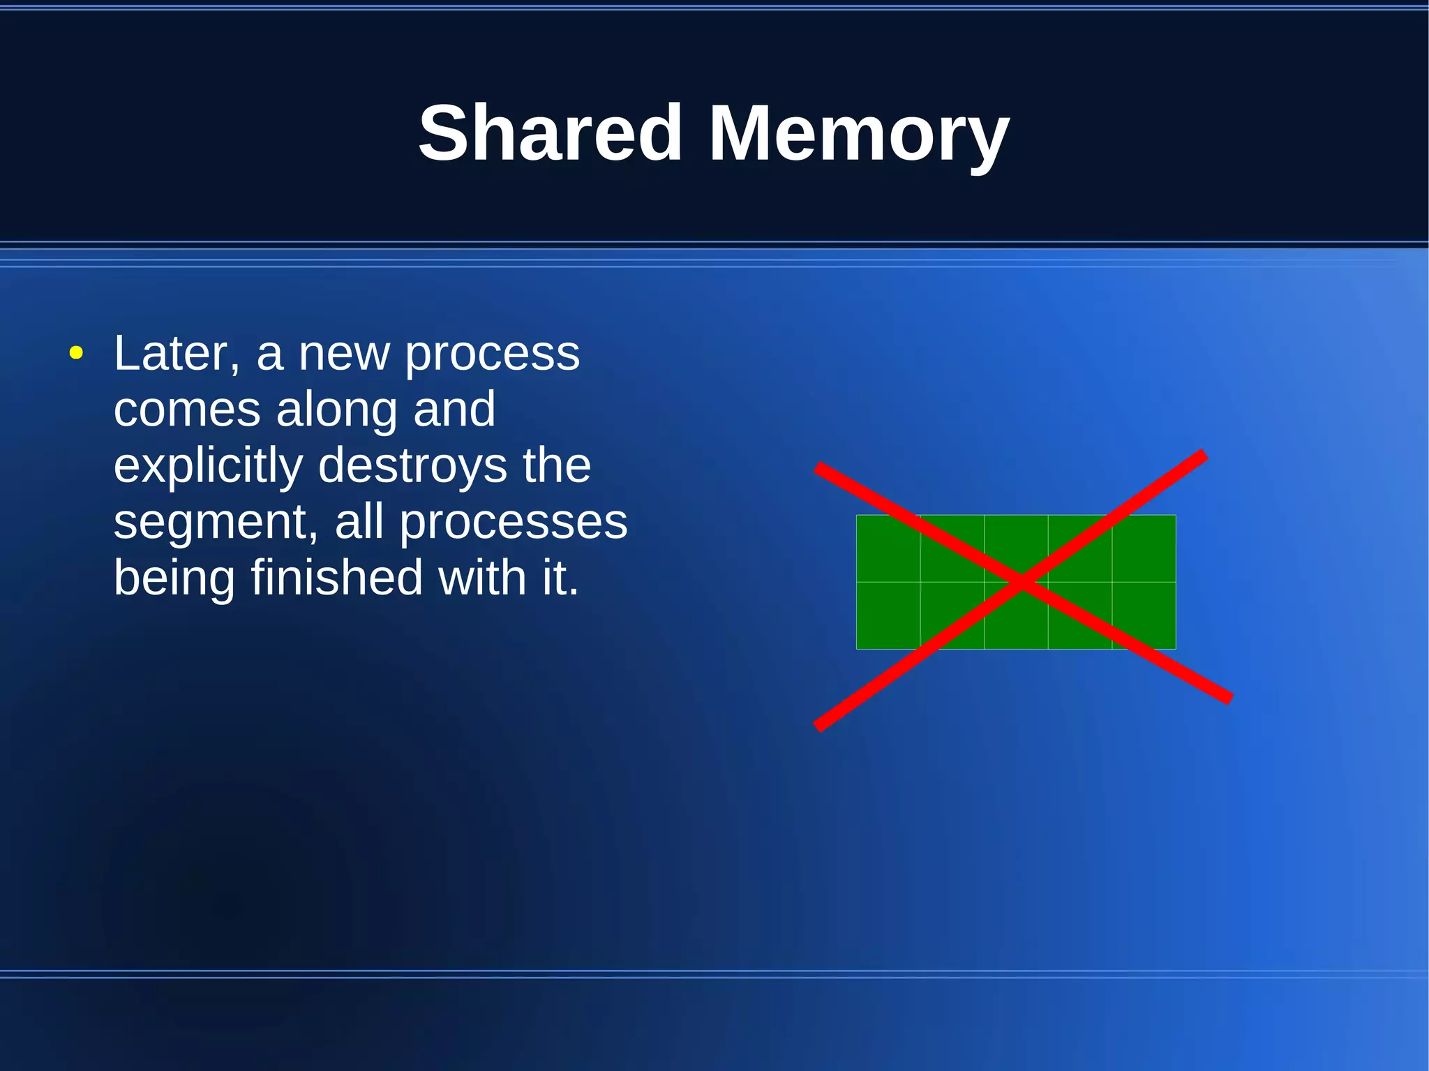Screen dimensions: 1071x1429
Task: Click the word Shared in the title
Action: click(549, 133)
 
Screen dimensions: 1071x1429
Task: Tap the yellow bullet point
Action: click(76, 353)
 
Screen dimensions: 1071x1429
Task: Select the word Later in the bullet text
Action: click(177, 353)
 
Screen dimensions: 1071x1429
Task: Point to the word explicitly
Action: click(208, 466)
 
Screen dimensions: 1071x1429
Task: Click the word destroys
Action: click(412, 466)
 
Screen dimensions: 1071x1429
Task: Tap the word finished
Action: click(336, 578)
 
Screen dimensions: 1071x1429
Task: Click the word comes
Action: click(186, 410)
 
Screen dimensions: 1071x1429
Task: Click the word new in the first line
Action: click(343, 353)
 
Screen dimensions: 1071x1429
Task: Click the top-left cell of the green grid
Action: click(888, 548)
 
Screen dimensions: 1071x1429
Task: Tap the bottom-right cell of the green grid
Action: click(1144, 615)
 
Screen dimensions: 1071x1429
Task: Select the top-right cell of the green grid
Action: click(1144, 548)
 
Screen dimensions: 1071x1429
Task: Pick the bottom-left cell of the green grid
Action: click(888, 615)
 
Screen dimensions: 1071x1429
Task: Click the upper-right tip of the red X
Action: click(1203, 455)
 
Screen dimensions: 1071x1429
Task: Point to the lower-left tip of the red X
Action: click(818, 727)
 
